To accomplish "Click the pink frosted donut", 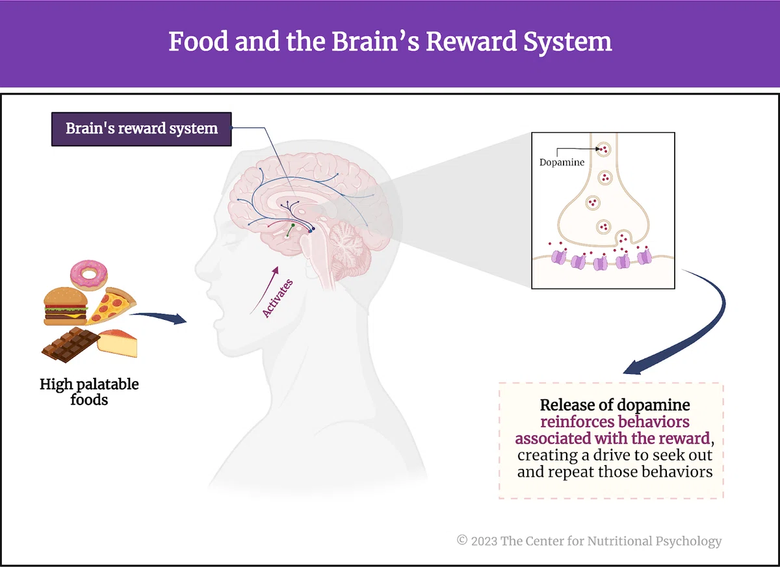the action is (x=89, y=275).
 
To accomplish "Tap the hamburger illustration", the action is (x=66, y=306).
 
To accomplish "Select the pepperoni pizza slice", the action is (x=111, y=306).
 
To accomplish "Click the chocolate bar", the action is (x=71, y=345).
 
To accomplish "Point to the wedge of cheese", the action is (x=118, y=343).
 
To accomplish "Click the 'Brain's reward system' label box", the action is (x=142, y=129).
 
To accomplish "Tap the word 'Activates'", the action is (x=278, y=298).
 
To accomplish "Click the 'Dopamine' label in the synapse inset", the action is (x=562, y=163).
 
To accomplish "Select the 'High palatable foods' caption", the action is (x=89, y=392).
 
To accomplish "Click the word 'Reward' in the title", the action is (x=471, y=42).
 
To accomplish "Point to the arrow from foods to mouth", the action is (x=159, y=317).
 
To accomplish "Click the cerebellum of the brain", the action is (x=348, y=247).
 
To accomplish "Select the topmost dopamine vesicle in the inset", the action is (x=603, y=150).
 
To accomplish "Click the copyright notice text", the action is (x=589, y=541).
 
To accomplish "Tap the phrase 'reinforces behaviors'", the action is (x=615, y=422).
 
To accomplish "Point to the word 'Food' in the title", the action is (x=198, y=42).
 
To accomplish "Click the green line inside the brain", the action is (x=290, y=231).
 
